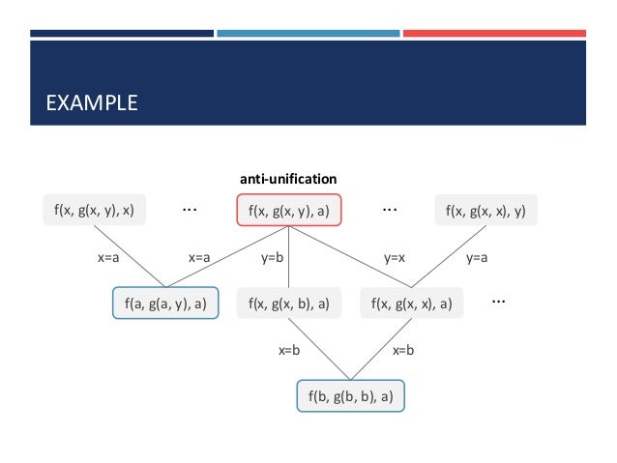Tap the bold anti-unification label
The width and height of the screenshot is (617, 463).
point(288,179)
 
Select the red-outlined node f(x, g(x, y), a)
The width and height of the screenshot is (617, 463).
point(289,210)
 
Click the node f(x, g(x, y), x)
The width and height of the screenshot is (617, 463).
point(95,210)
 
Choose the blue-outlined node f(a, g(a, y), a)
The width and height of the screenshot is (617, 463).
point(165,303)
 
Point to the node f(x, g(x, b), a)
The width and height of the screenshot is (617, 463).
point(289,303)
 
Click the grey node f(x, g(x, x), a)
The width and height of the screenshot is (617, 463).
point(412,303)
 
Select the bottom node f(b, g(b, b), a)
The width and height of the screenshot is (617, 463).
point(350,395)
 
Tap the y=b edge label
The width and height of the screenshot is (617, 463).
point(272,258)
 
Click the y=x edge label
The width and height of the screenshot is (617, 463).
point(395,258)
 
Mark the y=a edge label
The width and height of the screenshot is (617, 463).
point(478,258)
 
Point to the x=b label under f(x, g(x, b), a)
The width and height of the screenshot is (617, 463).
point(288,351)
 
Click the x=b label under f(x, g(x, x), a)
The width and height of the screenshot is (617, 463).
point(403,351)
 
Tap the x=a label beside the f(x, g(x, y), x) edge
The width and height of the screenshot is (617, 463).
point(108,258)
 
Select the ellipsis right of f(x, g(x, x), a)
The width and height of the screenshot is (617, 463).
point(499,301)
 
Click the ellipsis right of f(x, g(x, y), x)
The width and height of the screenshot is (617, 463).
point(191,208)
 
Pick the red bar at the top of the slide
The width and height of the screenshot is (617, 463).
point(494,34)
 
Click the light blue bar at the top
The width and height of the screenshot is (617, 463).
point(308,34)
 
